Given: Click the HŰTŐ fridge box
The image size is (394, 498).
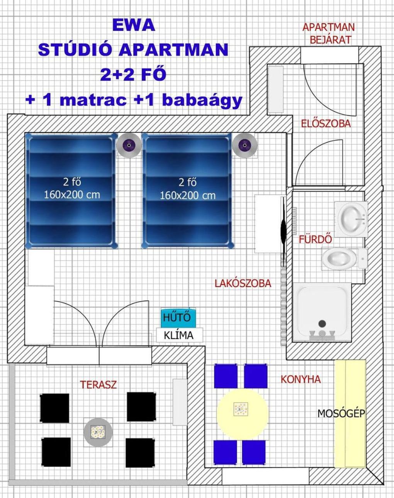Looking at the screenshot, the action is pyautogui.click(x=178, y=317).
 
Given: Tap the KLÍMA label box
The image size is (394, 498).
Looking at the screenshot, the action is pyautogui.click(x=180, y=335).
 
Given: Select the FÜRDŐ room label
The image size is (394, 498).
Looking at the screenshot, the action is pyautogui.click(x=316, y=239).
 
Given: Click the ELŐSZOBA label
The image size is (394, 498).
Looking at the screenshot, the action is pyautogui.click(x=326, y=124).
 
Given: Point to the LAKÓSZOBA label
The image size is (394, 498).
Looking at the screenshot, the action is pyautogui.click(x=243, y=283).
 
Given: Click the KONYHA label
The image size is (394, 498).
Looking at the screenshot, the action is pyautogui.click(x=301, y=379).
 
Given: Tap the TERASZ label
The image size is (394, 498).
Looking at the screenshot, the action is pyautogui.click(x=98, y=385).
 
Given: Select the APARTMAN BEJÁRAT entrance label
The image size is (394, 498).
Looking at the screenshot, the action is pyautogui.click(x=329, y=34).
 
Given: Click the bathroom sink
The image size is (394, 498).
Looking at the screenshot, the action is pyautogui.click(x=352, y=219).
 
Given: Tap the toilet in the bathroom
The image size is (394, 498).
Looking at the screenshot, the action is pyautogui.click(x=345, y=258).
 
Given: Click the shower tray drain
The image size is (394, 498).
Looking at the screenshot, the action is pyautogui.click(x=322, y=324).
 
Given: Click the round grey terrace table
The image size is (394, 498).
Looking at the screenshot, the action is pyautogui.click(x=98, y=432).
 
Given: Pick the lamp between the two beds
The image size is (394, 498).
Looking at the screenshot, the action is pyautogui.click(x=129, y=145).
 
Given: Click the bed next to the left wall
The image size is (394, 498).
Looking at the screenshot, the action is pyautogui.click(x=71, y=191).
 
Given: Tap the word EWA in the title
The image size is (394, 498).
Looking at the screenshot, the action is pyautogui.click(x=134, y=25).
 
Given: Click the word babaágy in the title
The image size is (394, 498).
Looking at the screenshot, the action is pyautogui.click(x=202, y=101).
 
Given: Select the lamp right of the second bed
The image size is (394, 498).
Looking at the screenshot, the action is pyautogui.click(x=245, y=145).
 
